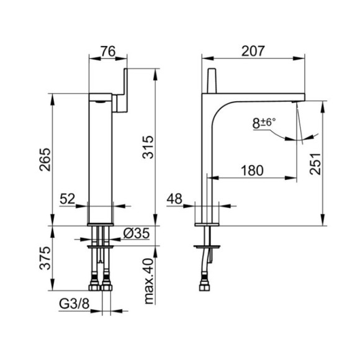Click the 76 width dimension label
(108, 51)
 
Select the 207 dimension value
(253, 51)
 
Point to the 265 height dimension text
(45, 160)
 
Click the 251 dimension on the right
(315, 164)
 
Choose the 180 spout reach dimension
(252, 171)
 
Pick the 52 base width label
(68, 199)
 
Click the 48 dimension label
(174, 199)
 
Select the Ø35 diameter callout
(137, 233)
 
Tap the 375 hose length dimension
(45, 258)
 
